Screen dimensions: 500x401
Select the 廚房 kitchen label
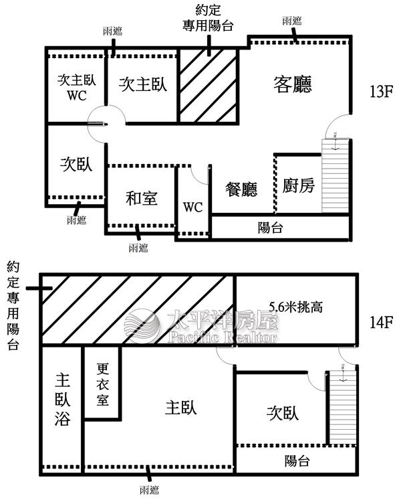tap(298, 185)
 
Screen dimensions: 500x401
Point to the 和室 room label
tap(141, 198)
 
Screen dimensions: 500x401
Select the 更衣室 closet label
tap(102, 385)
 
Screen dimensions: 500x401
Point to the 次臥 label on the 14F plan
tap(282, 412)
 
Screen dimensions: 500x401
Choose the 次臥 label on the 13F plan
tap(76, 164)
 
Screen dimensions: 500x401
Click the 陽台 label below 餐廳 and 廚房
tap(270, 228)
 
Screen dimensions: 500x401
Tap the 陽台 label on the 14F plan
tap(297, 461)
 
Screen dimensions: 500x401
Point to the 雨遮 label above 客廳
tap(291, 20)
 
